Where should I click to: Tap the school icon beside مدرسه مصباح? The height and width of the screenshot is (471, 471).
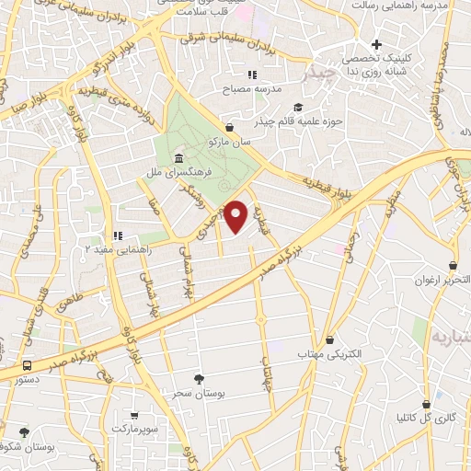click(x=251, y=75)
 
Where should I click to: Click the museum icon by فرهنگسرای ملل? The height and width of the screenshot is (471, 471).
click(x=177, y=158)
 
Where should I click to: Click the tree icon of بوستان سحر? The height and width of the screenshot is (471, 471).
click(x=199, y=378)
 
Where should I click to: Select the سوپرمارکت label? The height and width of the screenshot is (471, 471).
click(x=136, y=430)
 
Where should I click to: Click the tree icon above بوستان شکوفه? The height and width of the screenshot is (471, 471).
click(x=24, y=431)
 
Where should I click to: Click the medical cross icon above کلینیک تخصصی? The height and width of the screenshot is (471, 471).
click(x=375, y=45)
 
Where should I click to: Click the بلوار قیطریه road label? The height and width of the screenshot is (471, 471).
click(x=307, y=179)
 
